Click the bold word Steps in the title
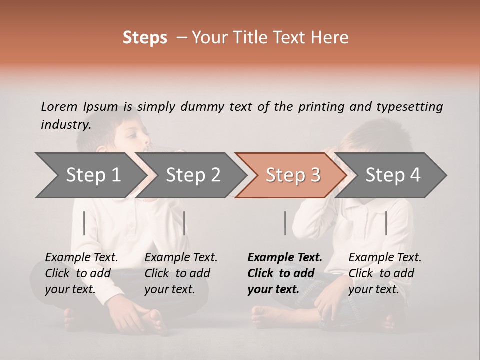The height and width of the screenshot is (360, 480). click(145, 38)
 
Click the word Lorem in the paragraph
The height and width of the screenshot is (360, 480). click(59, 106)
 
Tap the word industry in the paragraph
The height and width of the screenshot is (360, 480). click(65, 124)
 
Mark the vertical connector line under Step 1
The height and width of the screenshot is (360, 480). click(84, 223)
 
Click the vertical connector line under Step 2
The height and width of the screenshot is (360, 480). click(184, 223)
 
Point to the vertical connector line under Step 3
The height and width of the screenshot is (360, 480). click(285, 223)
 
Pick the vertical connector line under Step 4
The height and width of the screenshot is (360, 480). click(386, 223)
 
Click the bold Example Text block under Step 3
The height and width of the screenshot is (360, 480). click(285, 273)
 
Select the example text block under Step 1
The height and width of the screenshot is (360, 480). click(82, 273)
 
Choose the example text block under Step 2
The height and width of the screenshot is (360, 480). click(181, 273)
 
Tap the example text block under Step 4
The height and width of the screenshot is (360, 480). click(385, 273)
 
